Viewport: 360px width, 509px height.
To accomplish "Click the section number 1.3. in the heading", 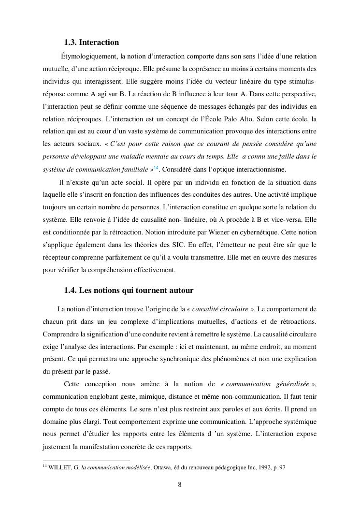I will point(71,43).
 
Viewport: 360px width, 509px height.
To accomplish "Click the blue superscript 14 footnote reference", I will point(156,167).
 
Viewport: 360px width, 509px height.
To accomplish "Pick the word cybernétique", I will point(262,232).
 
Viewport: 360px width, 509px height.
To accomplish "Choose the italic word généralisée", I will point(289,384).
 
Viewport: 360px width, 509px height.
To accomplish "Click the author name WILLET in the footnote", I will point(59,467).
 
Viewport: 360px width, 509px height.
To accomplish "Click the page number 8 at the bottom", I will point(180,485).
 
